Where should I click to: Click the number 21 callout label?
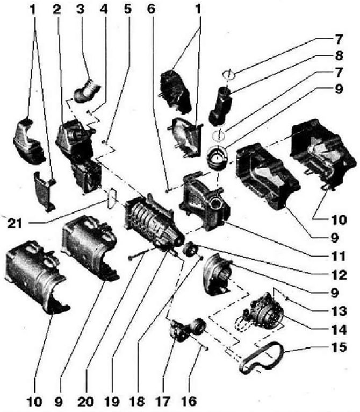tap(15, 224)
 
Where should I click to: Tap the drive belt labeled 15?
tap(262, 358)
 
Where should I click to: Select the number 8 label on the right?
tap(339, 56)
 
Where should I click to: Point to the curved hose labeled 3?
tap(87, 91)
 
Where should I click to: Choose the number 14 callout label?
tap(339, 330)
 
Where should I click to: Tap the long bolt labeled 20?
tap(139, 254)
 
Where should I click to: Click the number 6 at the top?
tap(151, 9)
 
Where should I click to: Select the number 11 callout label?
tap(338, 256)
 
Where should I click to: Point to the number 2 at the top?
tap(56, 9)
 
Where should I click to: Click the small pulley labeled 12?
tap(190, 249)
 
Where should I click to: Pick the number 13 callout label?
tap(339, 311)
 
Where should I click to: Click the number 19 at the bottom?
tap(112, 401)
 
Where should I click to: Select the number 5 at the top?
tap(127, 9)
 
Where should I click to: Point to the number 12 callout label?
tap(339, 275)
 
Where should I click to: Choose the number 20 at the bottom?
tap(86, 401)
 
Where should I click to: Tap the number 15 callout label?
tap(339, 347)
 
